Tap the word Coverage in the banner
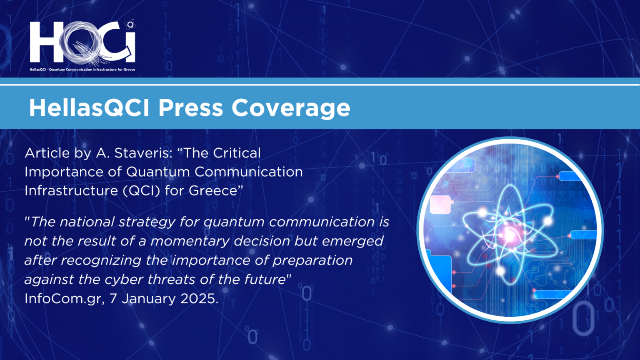coord(291,108)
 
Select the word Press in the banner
coord(190,108)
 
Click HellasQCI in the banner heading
coord(89,108)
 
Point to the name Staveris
coord(143,153)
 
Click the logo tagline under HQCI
coord(82,70)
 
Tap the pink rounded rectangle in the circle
coord(440,204)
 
